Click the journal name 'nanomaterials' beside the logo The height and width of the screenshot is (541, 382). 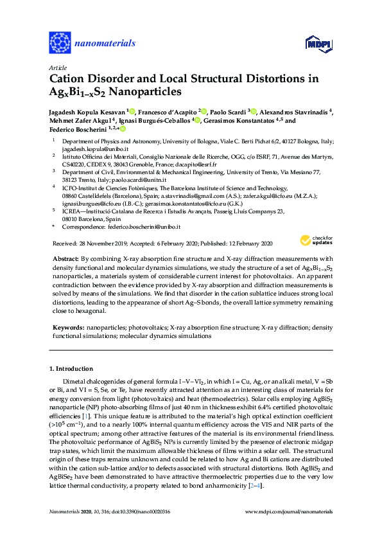click(106, 44)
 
